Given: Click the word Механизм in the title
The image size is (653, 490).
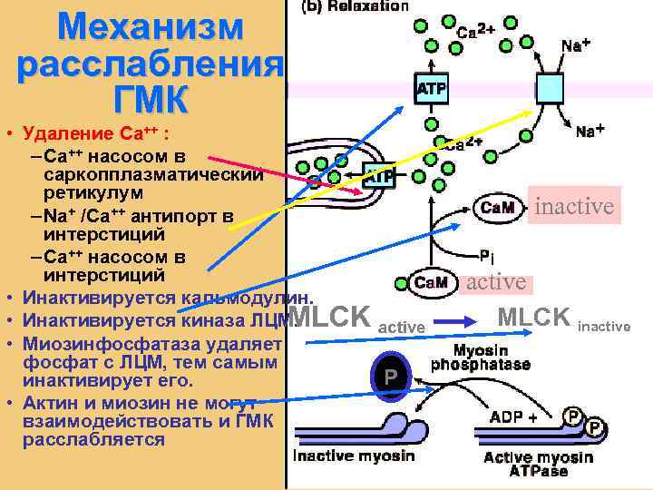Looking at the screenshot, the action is [x=150, y=26].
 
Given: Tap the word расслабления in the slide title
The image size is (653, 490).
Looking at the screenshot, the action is [x=150, y=64].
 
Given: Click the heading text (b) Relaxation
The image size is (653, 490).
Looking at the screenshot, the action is [x=354, y=6].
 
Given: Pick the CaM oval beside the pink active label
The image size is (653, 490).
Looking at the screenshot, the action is [x=431, y=282].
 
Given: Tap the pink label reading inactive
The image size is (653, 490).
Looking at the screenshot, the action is [x=573, y=207].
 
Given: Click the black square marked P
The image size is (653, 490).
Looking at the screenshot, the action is [x=390, y=374].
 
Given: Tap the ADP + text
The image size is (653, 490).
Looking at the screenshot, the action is [x=512, y=417].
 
